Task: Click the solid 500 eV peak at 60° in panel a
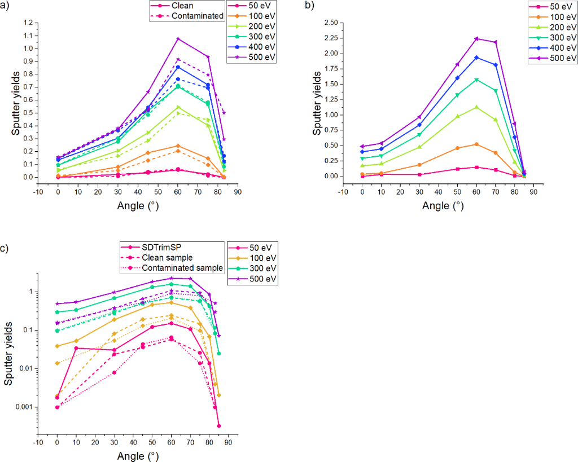click(178, 38)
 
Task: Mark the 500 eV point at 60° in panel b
click(476, 39)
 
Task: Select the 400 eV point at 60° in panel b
click(476, 58)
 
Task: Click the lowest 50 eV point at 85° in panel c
click(218, 426)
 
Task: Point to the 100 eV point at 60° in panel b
click(476, 144)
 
